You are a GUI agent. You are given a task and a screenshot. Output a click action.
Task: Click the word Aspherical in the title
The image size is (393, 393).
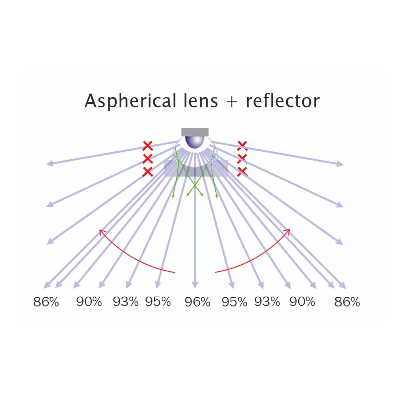pos(130,101)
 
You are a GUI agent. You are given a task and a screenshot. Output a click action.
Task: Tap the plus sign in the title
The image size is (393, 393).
pos(232,101)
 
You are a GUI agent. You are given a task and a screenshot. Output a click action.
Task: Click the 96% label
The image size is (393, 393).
pos(197,302)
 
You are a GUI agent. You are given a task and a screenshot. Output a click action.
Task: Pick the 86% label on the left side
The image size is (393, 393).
pos(46,302)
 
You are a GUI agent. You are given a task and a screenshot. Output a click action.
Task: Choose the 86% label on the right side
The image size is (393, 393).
pos(347,302)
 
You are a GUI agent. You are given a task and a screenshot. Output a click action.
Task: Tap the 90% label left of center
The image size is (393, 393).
pos(89,302)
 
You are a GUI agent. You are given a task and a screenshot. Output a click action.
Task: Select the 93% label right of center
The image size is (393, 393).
pos(267,302)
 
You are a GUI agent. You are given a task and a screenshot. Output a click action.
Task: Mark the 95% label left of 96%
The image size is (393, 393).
pos(158,302)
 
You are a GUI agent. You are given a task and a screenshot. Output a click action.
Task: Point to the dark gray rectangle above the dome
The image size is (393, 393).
pos(195,132)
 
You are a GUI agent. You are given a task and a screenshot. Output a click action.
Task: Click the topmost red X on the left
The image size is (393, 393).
pos(148,146)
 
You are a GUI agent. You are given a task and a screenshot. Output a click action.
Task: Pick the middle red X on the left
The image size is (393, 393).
pos(148,159)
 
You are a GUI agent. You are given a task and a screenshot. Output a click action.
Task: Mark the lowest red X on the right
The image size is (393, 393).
pos(242,171)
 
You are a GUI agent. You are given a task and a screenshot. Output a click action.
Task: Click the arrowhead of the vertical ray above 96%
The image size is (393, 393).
pos(195,285)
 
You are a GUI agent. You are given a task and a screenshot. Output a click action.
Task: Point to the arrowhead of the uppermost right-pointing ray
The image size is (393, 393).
pos(340,164)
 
